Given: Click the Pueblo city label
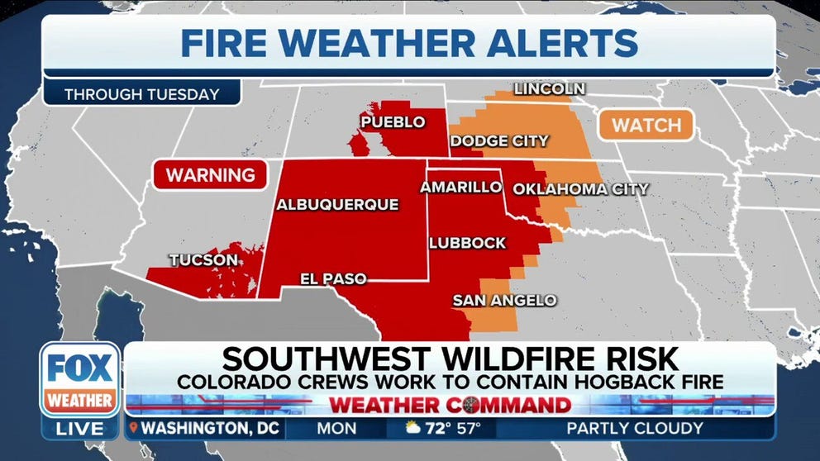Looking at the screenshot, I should point(393,122).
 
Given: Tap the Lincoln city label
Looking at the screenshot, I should point(550,88).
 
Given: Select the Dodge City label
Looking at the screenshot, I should point(499,141).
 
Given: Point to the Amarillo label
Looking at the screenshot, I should point(460,188).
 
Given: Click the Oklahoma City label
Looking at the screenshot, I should point(580,189).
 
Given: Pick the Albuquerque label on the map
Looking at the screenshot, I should point(337,204).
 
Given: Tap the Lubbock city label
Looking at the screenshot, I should point(467,243).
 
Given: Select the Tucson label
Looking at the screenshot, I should point(203,260).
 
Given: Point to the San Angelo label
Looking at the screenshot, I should point(504,301).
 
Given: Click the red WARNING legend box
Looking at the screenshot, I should point(210,175).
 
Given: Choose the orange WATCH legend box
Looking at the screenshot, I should point(646,126).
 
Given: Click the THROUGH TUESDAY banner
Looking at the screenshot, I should point(141,94).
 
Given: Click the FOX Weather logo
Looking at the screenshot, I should point(80,380).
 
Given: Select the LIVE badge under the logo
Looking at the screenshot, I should point(80,429).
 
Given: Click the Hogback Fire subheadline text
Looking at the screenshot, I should point(451,383).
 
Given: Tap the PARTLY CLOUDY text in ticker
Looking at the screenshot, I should point(634,428).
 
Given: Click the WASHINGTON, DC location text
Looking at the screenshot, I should point(211,428).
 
